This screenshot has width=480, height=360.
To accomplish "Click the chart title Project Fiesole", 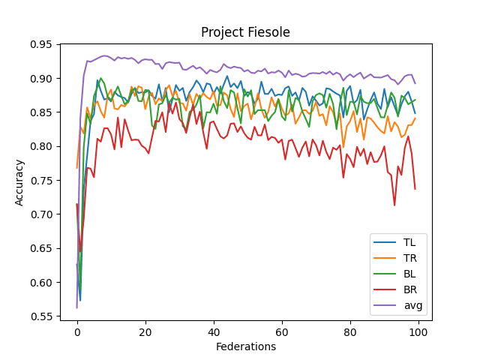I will [245, 32].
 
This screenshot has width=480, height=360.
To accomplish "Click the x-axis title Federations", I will [245, 346].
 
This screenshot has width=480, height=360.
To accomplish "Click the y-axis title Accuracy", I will [19, 182].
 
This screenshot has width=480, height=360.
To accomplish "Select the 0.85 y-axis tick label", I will [42, 112].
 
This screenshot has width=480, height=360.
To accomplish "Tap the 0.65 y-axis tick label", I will [42, 248].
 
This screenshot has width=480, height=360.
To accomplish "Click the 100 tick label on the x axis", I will [418, 331].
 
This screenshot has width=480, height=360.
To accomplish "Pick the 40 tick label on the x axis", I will [214, 331].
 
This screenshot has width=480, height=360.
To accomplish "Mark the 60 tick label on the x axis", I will [282, 331].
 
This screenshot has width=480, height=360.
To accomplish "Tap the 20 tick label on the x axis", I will [145, 331].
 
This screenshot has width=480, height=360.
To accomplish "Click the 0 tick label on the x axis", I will [77, 331].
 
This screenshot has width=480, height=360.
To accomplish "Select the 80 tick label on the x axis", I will [350, 331].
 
